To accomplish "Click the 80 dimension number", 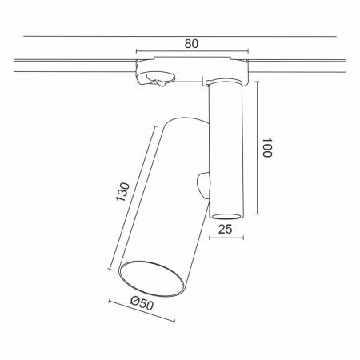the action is coord(191,44).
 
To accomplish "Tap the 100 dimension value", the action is coord(267,147).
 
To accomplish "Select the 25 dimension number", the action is coord(226,229).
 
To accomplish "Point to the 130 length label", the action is coord(122,192).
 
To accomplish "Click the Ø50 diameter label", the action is coord(142,303).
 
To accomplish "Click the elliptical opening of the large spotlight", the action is coord(151,278).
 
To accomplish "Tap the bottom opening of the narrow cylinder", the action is coord(226,216).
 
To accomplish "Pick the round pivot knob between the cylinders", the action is coord(204,185).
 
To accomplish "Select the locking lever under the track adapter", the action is coord(156,79).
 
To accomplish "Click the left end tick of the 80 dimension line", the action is coord(136,51).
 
